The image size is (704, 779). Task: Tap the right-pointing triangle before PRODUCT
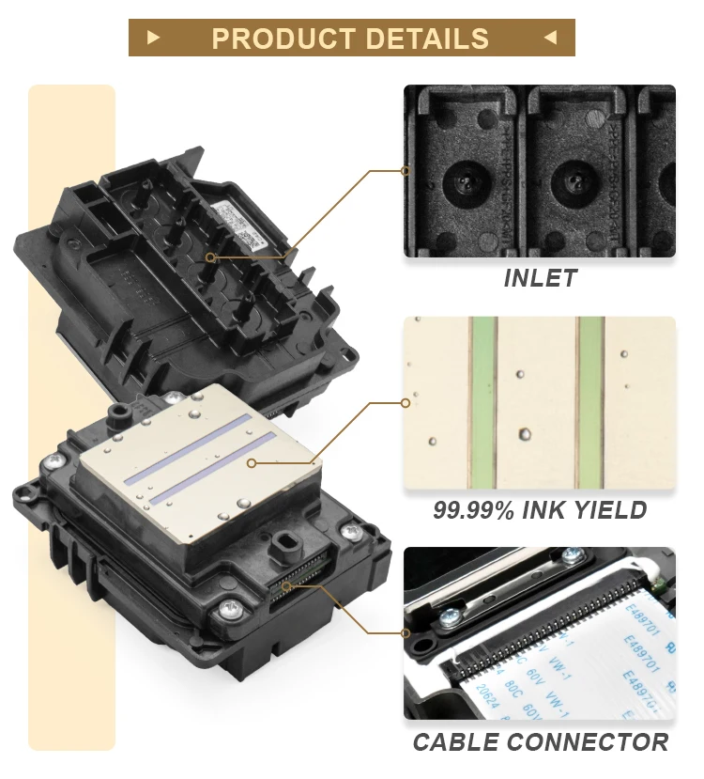(x=154, y=38)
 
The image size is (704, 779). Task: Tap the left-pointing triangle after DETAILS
(x=550, y=38)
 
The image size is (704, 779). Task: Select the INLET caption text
(x=540, y=278)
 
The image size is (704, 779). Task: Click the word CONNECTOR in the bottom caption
(x=588, y=741)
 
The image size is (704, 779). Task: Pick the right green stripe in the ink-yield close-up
(x=590, y=402)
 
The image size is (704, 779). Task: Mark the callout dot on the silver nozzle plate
(x=252, y=462)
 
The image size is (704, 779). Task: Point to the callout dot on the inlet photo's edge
(x=405, y=171)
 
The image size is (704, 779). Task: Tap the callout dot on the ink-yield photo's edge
(x=405, y=402)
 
